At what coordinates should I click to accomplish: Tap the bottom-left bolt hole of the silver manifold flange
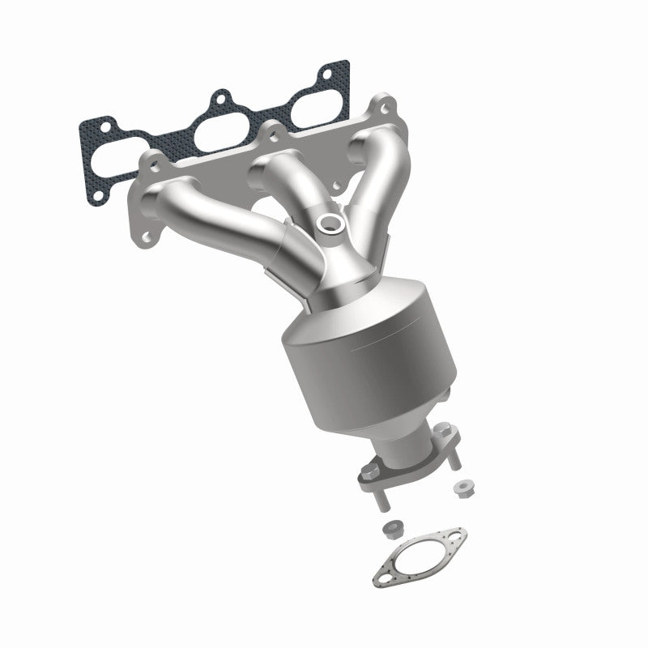147,236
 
